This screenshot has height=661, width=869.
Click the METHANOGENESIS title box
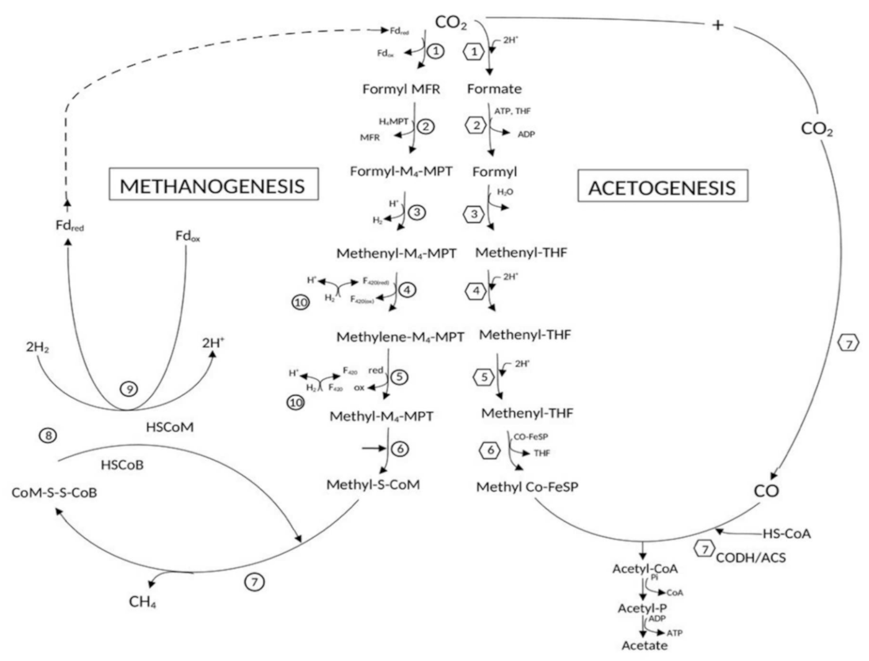tap(213, 185)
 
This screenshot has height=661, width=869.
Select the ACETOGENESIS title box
tap(662, 187)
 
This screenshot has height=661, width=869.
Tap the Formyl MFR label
tap(401, 89)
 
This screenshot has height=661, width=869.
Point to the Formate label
tap(494, 89)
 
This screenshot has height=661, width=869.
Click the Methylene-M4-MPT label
tap(400, 337)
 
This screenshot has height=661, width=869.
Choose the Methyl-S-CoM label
tap(373, 484)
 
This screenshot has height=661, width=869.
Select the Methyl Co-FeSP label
tap(527, 487)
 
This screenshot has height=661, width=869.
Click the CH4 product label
tap(142, 601)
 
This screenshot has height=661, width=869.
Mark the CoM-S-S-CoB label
tap(54, 493)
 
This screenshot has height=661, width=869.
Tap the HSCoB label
tap(122, 464)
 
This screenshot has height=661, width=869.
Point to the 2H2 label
tap(38, 347)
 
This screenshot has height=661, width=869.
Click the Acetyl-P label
tap(641, 608)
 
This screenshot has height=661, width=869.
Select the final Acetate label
tap(644, 645)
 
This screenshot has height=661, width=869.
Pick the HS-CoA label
tap(787, 533)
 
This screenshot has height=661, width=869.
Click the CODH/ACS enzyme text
tap(751, 557)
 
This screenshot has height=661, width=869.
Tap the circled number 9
tap(129, 389)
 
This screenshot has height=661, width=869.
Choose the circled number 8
tap(48, 435)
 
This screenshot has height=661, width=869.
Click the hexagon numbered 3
tap(475, 215)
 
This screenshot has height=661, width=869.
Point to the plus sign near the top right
tap(718, 25)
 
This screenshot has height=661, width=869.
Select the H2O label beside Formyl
tap(505, 192)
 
